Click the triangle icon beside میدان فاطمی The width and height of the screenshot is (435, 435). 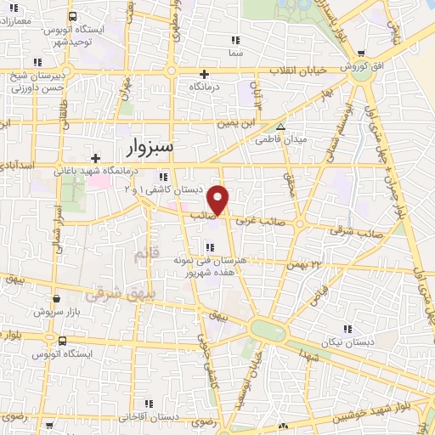(x=281, y=126)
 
